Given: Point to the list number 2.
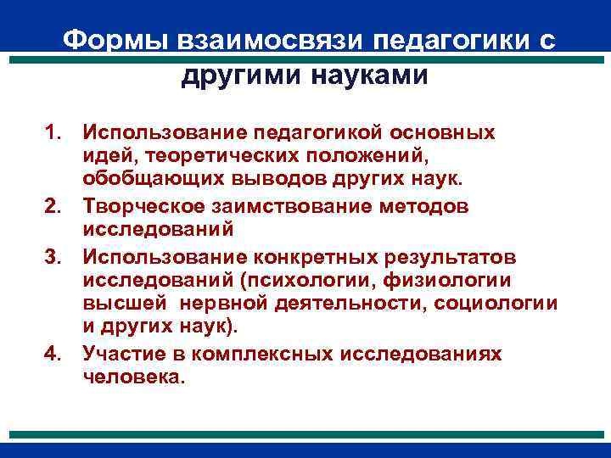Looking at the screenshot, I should (55, 206).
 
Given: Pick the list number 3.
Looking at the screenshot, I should (55, 255).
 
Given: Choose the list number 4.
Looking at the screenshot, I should (55, 354).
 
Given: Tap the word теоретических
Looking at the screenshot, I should (207, 157).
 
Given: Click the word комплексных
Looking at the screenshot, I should (263, 354).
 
